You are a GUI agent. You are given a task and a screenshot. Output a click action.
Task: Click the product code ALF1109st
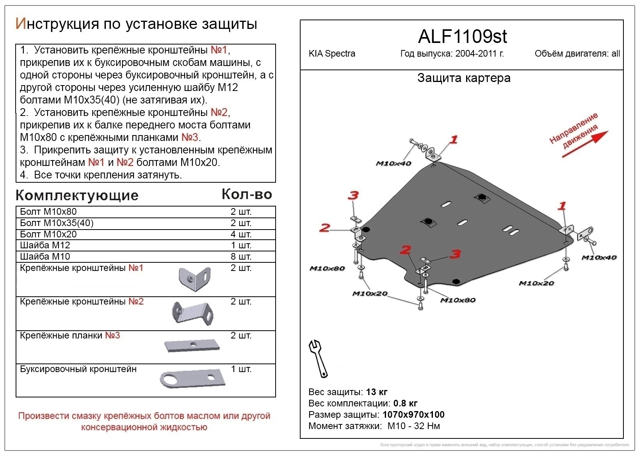(x=462, y=37)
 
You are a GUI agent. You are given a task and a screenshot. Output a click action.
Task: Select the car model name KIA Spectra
(x=332, y=54)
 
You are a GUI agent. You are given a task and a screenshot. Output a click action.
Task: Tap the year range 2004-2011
(x=475, y=53)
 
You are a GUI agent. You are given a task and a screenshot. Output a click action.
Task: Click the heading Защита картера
(x=464, y=78)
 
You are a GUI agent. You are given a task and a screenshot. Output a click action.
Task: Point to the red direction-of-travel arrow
(x=585, y=144)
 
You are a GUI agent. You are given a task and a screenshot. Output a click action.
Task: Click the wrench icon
(x=318, y=359)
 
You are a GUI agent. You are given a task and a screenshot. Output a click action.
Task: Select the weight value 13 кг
(x=377, y=392)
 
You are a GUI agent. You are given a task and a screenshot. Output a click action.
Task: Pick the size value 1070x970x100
(x=413, y=415)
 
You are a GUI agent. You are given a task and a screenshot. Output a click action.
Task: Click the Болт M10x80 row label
(x=48, y=212)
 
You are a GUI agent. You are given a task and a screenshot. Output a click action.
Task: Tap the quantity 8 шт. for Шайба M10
(x=241, y=256)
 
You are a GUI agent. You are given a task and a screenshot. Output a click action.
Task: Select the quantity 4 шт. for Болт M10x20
(x=241, y=234)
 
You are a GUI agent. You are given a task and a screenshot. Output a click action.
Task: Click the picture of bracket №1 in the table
(x=194, y=279)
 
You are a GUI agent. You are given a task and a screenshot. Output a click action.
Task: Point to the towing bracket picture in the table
(x=193, y=378)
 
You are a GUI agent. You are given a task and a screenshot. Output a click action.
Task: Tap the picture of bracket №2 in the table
(x=192, y=314)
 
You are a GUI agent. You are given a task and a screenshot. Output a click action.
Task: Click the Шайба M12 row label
(x=45, y=245)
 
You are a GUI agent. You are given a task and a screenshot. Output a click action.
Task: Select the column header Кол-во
(x=247, y=194)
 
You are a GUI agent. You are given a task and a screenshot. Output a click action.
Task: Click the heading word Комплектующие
(x=77, y=196)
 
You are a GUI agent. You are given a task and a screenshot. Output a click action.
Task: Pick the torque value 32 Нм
(x=427, y=426)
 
